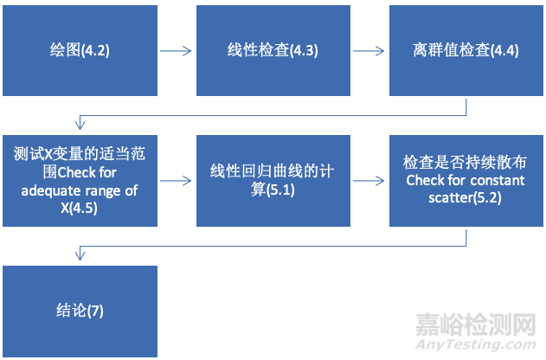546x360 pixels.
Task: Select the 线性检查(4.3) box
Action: click(x=273, y=50)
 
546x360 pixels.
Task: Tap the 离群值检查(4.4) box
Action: click(x=466, y=50)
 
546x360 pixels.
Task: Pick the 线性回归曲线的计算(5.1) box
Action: click(x=273, y=180)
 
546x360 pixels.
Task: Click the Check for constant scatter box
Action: click(x=466, y=180)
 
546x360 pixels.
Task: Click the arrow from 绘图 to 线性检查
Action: click(x=176, y=50)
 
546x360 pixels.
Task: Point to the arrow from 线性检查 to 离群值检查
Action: click(x=369, y=50)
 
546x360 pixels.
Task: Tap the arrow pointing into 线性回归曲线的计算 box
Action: click(x=176, y=181)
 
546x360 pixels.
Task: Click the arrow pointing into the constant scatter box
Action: click(x=369, y=181)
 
